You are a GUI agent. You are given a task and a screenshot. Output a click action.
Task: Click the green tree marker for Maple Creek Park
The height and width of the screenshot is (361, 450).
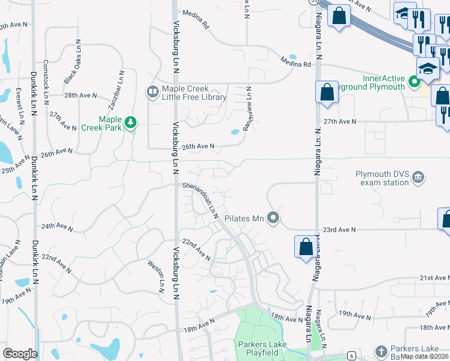(x=131, y=123)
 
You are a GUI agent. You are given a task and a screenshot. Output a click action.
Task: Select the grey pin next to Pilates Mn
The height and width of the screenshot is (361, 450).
(x=274, y=218)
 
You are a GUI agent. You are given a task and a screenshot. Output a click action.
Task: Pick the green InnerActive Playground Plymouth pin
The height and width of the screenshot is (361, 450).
(x=414, y=81)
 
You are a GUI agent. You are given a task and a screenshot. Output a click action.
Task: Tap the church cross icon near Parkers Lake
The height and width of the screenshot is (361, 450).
(x=380, y=351)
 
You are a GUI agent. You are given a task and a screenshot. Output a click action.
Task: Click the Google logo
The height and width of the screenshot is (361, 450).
(x=20, y=354)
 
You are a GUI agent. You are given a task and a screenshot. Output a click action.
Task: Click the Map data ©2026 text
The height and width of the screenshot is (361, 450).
(x=425, y=356)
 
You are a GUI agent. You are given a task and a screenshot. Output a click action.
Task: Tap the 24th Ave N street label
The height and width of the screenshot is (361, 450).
(x=57, y=227)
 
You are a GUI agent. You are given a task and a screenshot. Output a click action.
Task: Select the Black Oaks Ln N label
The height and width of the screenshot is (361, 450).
(x=72, y=63)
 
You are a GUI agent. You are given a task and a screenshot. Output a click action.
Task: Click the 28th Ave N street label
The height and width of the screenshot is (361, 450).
(x=81, y=96)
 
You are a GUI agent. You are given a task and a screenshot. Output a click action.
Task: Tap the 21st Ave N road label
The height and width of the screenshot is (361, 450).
(x=434, y=278)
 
